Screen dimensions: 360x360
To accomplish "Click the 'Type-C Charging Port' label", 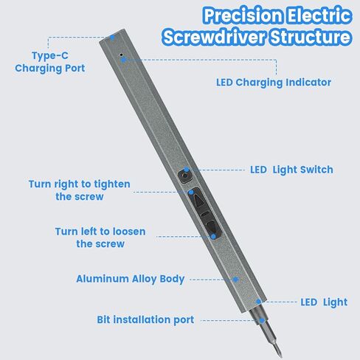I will (49, 62).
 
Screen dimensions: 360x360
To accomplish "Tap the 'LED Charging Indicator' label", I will (273, 82).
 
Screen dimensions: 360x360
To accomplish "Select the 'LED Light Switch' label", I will (291, 170).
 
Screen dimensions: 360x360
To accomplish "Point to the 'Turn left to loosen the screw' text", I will (100, 238).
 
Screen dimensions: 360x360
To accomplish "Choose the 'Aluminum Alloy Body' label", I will (130, 280).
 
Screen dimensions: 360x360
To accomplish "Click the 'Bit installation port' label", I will (145, 319).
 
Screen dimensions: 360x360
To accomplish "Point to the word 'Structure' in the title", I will (311, 37).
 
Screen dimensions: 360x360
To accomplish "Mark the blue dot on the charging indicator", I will (124, 58).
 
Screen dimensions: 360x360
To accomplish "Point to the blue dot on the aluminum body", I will (236, 280).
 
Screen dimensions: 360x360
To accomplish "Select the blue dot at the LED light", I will (258, 302).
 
